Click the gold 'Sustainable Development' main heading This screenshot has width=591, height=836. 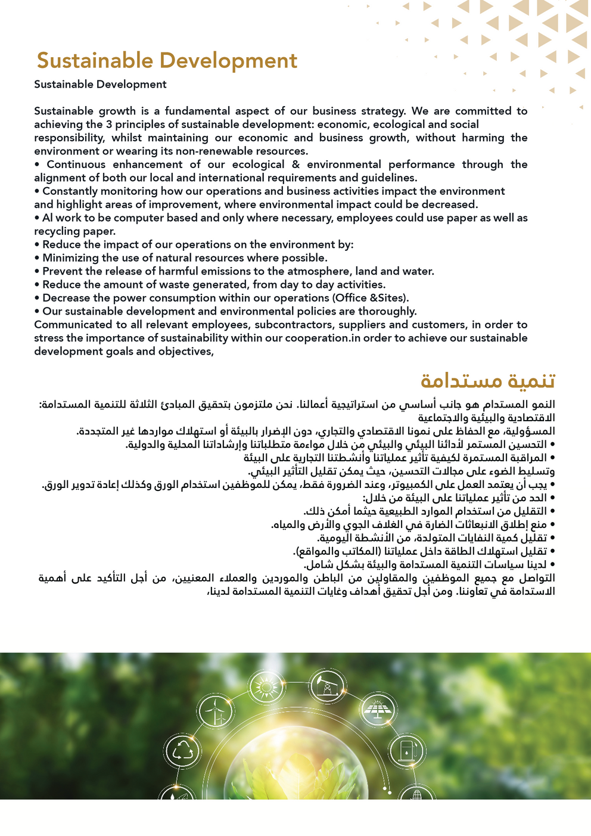[167, 61]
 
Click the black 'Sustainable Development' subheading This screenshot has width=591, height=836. [100, 85]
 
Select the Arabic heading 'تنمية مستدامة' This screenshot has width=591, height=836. [487, 380]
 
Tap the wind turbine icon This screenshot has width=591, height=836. [214, 711]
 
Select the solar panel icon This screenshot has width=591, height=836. [377, 710]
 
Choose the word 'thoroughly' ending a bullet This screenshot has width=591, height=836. [387, 312]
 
